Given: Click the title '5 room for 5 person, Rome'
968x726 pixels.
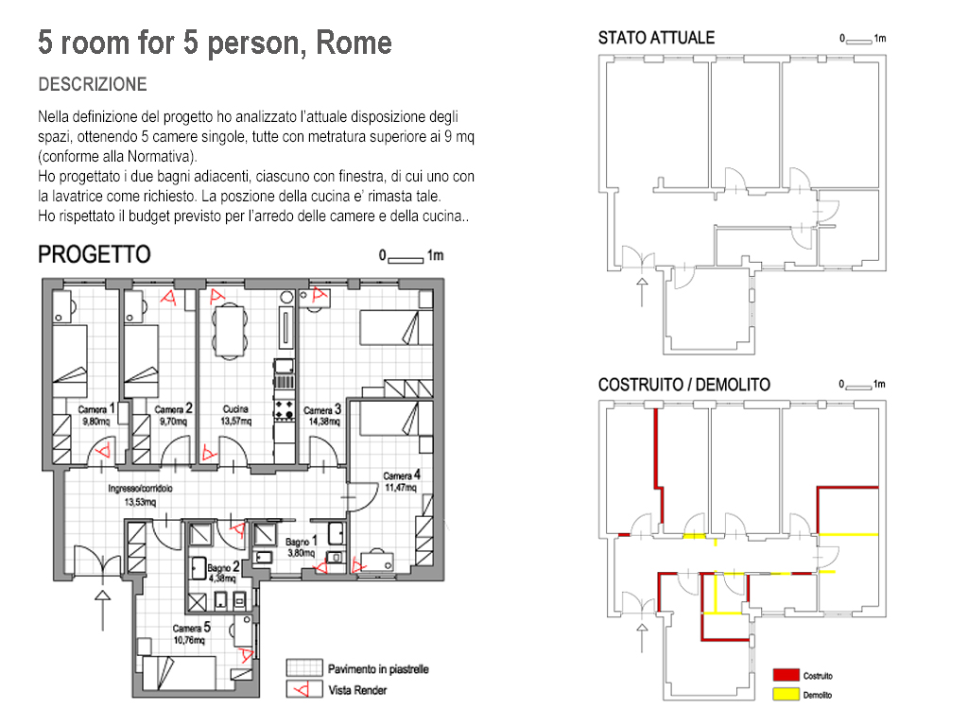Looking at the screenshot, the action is click(215, 43).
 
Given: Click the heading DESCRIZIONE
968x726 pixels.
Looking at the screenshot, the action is click(93, 85).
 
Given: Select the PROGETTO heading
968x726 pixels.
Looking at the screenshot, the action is click(94, 254).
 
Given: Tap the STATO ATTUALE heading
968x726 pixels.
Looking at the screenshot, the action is click(656, 39).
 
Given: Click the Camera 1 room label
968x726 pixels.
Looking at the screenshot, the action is click(96, 409).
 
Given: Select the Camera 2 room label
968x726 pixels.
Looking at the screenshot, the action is click(174, 409).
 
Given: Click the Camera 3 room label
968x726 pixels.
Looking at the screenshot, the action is click(322, 410).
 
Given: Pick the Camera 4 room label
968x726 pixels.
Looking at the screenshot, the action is click(401, 475).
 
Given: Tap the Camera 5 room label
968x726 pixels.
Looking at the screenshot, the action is click(191, 628).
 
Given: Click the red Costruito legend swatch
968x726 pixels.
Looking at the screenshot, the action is click(786, 675).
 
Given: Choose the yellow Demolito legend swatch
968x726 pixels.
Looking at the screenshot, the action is click(786, 694).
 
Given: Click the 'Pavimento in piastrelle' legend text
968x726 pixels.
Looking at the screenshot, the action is click(378, 669).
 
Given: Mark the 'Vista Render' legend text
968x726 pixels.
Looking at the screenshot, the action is click(357, 690).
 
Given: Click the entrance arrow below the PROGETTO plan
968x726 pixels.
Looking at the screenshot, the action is click(103, 607).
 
